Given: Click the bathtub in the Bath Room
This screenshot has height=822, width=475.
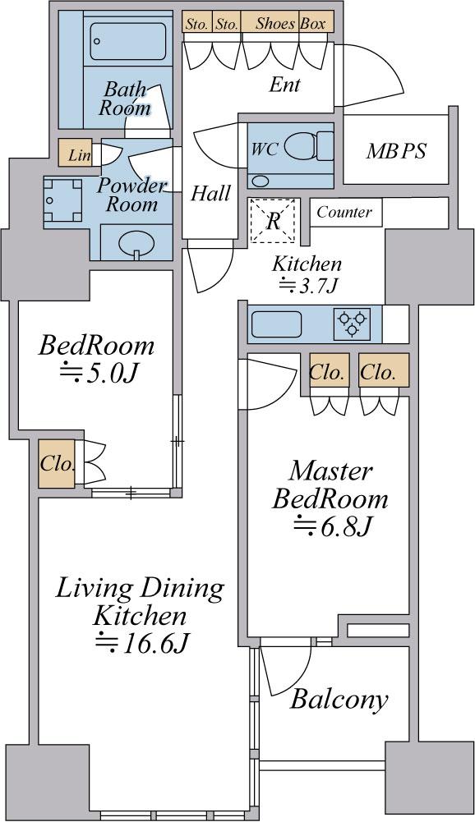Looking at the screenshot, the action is pos(128,41).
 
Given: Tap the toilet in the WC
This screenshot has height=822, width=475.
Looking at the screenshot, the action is pos(311,146).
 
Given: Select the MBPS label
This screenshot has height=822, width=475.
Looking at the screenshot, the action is pos(396,151).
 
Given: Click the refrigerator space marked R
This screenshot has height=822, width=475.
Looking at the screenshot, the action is pos(272,221).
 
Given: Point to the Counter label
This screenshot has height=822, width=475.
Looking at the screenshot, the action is pos(344,213).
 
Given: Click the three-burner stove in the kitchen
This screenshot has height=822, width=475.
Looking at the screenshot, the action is pos(352,324).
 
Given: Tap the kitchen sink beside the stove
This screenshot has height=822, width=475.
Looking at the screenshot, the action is pos(276,324).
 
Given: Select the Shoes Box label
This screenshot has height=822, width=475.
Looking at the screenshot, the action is pos(291,24).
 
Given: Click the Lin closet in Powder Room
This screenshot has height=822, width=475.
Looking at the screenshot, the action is pos(76,154).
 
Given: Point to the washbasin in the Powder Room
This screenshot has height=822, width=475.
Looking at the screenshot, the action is pos(136,243).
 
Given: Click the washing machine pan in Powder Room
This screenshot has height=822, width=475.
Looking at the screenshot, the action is pos(63,201).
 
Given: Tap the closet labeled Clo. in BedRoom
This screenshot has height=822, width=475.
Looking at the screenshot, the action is pos(56,464).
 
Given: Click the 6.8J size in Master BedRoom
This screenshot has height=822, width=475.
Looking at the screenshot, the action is pos(333,526).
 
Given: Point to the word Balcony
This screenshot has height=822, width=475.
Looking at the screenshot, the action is pos(339,700).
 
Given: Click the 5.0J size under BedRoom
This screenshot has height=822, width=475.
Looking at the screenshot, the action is pos(98,374).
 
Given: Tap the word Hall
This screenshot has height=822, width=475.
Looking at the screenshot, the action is pos(210,194).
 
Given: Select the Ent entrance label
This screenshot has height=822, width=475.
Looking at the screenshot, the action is pos(284,85).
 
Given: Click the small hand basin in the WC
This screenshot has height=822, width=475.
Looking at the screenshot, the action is pos(260,181).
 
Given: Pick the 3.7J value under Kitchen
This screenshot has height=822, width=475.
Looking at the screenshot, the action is pos(307,286).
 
